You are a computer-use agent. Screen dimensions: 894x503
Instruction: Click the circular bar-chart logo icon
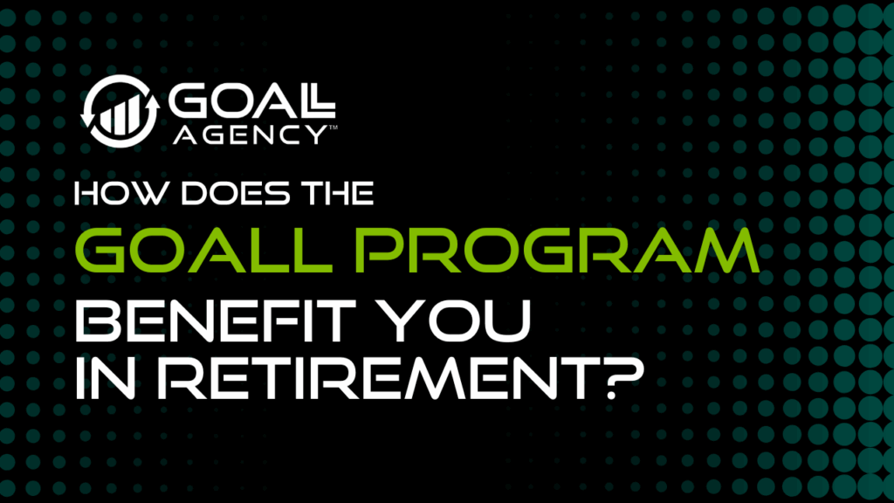coord(120,111)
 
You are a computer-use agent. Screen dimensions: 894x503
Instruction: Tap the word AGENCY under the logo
coord(251,134)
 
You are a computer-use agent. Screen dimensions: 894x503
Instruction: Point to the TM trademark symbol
coord(333,127)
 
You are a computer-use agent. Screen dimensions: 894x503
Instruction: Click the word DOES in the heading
coord(236,193)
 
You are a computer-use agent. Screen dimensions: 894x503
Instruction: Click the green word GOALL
coord(203,250)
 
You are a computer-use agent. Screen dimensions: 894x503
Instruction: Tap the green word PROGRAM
coord(557,250)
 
